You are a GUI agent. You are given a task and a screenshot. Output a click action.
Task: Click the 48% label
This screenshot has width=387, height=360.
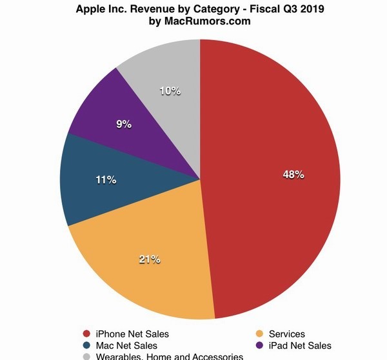click(293, 175)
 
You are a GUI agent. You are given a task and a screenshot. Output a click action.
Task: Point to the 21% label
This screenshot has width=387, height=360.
click(150, 259)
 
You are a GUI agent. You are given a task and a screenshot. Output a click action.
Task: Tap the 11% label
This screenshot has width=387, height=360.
click(106, 180)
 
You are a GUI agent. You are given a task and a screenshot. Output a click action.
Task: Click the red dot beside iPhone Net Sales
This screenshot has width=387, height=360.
click(86, 334)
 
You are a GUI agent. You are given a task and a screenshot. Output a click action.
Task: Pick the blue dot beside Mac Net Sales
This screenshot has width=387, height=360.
click(86, 345)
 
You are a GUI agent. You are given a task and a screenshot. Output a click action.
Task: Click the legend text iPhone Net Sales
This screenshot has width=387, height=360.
click(133, 334)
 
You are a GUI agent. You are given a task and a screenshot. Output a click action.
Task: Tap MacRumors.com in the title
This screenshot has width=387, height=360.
click(208, 22)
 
